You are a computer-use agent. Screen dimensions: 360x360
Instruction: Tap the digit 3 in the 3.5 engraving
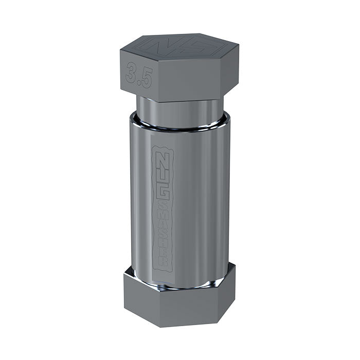[132, 73]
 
